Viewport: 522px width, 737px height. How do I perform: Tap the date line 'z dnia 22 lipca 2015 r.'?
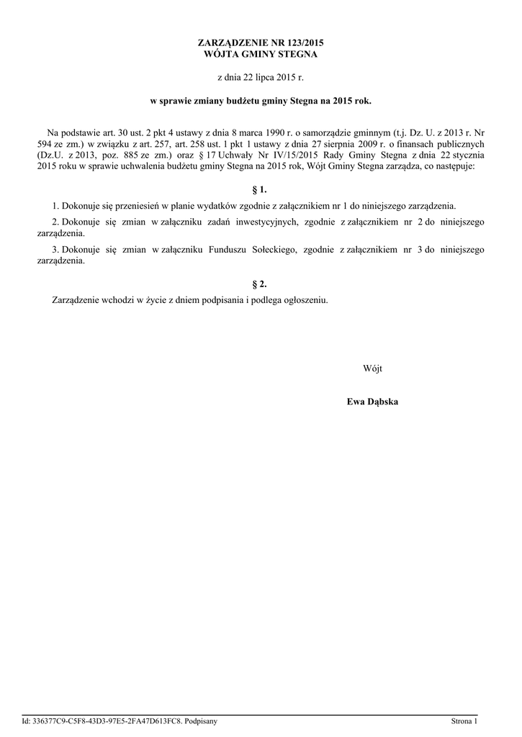point(261,76)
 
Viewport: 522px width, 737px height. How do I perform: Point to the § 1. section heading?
point(261,190)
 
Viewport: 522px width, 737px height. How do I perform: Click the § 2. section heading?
point(261,284)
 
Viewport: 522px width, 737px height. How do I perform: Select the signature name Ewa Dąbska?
point(372,402)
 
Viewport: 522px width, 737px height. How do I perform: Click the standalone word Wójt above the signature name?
point(372,368)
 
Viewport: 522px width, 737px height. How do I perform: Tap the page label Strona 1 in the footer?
point(464,720)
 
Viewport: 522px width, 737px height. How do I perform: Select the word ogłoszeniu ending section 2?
point(306,299)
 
